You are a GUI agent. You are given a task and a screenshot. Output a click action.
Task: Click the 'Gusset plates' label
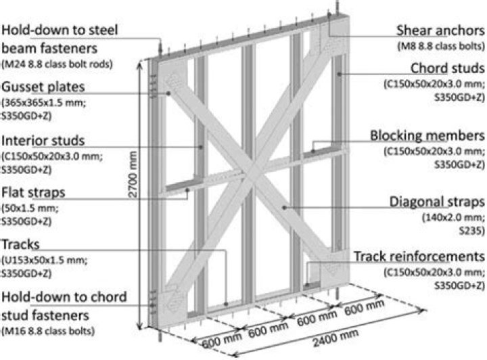[43, 87]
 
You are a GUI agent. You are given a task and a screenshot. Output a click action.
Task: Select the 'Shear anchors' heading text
[440, 30]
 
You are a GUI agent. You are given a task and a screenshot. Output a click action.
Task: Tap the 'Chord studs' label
[447, 68]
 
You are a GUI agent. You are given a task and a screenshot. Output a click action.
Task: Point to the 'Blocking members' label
[427, 136]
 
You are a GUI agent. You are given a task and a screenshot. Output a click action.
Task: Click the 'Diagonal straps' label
[437, 202]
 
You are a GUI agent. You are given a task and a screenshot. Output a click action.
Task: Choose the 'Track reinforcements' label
[419, 257]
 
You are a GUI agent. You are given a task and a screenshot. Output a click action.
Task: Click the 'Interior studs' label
[43, 141]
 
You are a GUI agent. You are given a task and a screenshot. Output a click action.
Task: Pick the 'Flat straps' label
[33, 193]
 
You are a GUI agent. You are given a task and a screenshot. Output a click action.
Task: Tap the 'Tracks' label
[20, 244]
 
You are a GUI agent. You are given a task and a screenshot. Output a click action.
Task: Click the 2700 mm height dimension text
[133, 175]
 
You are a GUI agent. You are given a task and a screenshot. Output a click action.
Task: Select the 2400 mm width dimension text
[335, 338]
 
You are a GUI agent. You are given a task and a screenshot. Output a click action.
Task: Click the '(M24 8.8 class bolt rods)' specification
[57, 64]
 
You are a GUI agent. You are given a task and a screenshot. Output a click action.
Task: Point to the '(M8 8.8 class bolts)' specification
[441, 47]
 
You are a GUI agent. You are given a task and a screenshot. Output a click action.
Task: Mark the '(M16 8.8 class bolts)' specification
[48, 331]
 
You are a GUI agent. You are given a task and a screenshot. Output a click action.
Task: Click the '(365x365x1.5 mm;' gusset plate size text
[44, 102]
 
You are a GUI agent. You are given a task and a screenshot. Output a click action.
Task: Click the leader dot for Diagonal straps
[284, 207]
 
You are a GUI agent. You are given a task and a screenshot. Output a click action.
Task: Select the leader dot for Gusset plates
[168, 93]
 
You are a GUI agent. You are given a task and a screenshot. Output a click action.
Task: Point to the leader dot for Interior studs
[202, 148]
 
